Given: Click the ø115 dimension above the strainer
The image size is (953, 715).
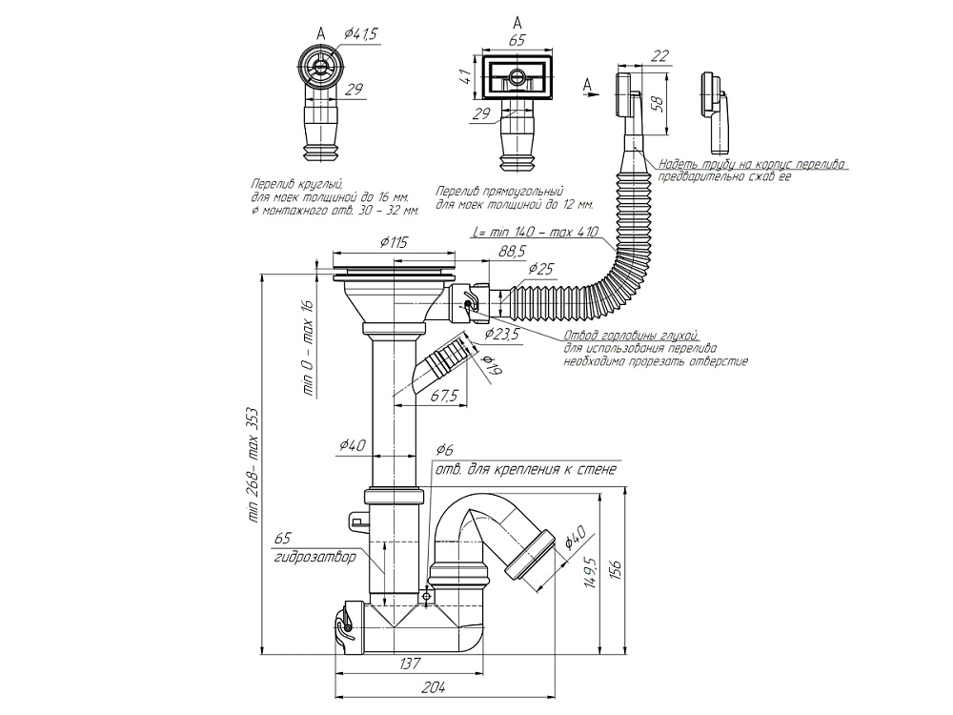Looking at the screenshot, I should [x=394, y=243].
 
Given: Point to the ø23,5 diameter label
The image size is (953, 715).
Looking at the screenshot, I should [x=501, y=334].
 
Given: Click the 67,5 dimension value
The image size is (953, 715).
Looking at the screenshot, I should [x=445, y=395].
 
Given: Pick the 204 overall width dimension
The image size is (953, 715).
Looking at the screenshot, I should [x=434, y=686].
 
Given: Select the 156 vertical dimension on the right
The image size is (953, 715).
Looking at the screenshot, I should [x=617, y=569].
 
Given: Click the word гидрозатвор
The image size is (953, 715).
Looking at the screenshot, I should [x=314, y=557].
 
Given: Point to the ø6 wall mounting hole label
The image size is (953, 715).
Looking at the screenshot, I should [x=444, y=450].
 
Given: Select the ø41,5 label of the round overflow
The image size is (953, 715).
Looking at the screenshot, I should [x=359, y=34].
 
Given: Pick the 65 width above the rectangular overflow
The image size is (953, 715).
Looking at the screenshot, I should [x=517, y=41].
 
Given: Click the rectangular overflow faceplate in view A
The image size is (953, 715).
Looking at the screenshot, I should [x=517, y=76].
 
